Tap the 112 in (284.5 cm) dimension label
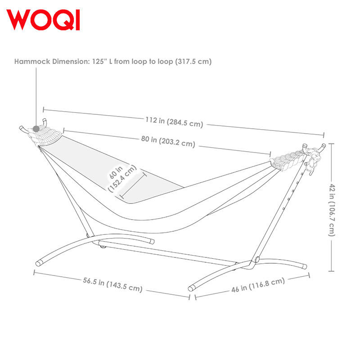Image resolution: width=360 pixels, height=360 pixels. click(x=174, y=121)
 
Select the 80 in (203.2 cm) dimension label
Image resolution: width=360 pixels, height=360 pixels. click(x=168, y=141)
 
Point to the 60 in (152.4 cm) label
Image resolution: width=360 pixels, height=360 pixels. click(x=122, y=178)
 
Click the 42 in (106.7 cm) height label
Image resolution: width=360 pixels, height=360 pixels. click(x=332, y=209)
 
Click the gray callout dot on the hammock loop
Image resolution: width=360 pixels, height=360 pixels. click(x=36, y=129)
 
